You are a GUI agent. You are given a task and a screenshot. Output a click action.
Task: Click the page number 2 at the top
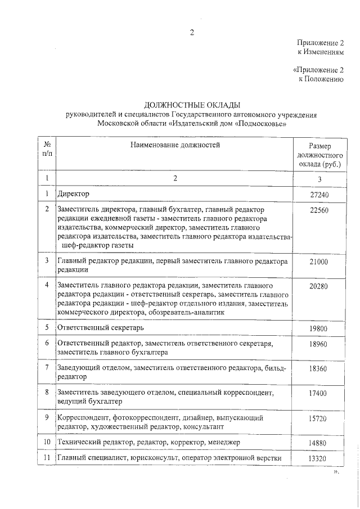click(x=192, y=32)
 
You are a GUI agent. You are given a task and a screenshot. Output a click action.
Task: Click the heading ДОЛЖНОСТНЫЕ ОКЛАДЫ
click(x=192, y=105)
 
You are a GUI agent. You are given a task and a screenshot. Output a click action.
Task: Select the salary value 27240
click(x=318, y=194)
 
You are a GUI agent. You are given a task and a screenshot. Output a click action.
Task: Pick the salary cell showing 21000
click(x=318, y=262)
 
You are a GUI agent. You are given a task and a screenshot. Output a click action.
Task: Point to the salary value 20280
click(x=318, y=286)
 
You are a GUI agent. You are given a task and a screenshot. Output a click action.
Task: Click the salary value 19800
click(x=318, y=328)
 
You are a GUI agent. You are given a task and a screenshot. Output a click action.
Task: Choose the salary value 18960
click(x=318, y=344)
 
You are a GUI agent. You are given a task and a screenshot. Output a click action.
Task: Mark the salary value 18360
click(x=318, y=368)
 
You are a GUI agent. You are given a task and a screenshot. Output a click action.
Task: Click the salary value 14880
click(x=318, y=443)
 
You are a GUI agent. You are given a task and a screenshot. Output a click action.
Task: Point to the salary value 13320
click(x=318, y=459)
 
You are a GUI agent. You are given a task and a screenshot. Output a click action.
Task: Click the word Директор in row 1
click(x=74, y=193)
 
